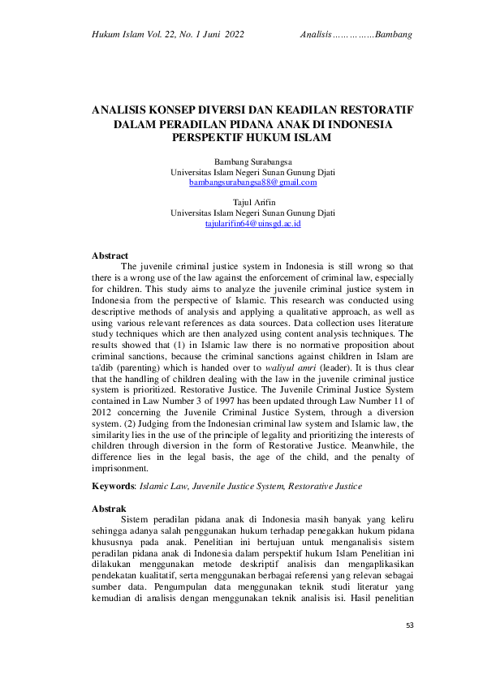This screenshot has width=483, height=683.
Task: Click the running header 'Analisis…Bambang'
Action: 356,35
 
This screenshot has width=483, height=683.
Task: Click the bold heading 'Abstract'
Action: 110,256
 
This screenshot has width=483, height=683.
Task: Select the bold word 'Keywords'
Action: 113,486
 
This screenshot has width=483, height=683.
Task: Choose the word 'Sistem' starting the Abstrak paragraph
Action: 135,518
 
